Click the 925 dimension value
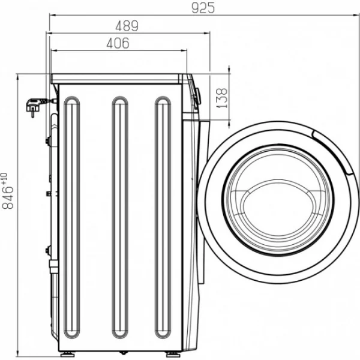pyautogui.click(x=203, y=8)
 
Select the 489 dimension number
pyautogui.click(x=127, y=26)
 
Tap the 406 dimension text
pyautogui.click(x=118, y=43)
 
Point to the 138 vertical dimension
pyautogui.click(x=222, y=98)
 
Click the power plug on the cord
pyautogui.click(x=34, y=107)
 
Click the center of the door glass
pyautogui.click(x=278, y=200)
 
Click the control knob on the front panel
pyautogui.click(x=197, y=96)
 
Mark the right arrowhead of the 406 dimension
pyautogui.click(x=184, y=50)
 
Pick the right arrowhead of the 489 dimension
pyautogui.click(x=207, y=33)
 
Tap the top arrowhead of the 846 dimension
pyautogui.click(x=17, y=77)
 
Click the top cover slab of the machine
pyautogui.click(x=116, y=79)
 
